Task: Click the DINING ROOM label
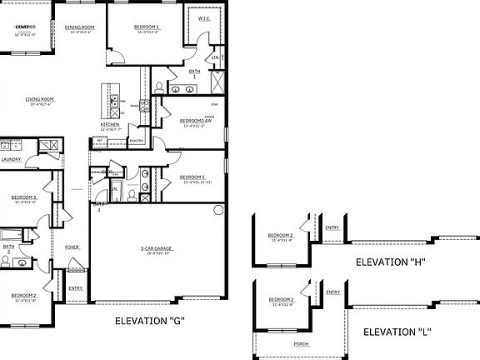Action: (80, 27)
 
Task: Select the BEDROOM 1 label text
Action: (147, 27)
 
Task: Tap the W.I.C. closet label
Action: (202, 18)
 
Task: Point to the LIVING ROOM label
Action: (41, 100)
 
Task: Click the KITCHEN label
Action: (111, 125)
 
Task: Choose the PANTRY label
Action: (137, 141)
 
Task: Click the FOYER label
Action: (72, 247)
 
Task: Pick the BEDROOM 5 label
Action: (192, 177)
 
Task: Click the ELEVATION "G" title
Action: (149, 321)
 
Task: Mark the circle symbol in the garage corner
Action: (218, 209)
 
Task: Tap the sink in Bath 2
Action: (7, 260)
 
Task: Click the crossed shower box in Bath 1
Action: (218, 87)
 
